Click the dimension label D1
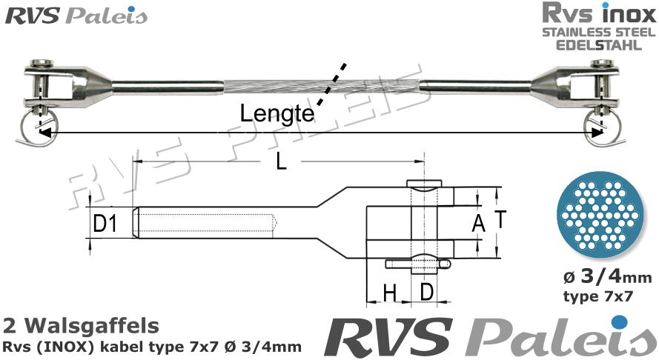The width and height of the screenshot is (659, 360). (x=105, y=222)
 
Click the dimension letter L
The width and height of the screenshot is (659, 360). (x=280, y=162)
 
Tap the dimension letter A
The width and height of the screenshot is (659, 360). (x=478, y=221)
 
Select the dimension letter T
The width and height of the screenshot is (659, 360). (x=501, y=219)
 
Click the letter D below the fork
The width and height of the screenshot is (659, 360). (x=426, y=293)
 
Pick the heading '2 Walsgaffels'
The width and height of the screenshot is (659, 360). (x=81, y=325)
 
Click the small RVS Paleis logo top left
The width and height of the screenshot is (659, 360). (x=76, y=16)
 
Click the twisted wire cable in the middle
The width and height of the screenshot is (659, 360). (x=322, y=87)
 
